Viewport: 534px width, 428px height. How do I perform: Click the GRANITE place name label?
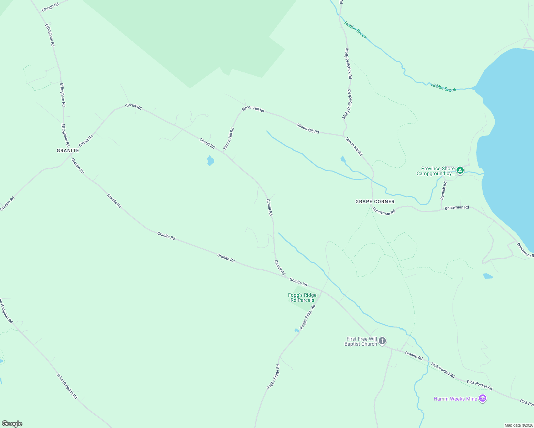click(x=68, y=151)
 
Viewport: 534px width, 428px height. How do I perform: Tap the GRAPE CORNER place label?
click(x=375, y=202)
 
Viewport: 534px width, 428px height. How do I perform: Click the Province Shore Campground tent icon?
click(x=460, y=170)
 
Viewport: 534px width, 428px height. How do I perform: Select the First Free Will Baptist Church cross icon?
click(x=382, y=341)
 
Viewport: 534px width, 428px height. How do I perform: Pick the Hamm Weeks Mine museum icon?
click(x=483, y=398)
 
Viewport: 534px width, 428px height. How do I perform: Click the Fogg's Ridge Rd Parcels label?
click(x=302, y=297)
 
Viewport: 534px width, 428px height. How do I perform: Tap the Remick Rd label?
click(x=443, y=190)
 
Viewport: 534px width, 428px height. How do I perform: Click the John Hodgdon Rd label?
click(x=67, y=386)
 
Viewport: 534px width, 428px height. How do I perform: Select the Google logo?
click(x=12, y=424)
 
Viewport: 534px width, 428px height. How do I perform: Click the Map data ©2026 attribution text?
click(x=519, y=425)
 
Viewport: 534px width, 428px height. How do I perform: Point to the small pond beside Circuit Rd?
click(x=210, y=160)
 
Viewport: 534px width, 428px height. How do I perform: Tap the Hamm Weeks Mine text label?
click(x=455, y=399)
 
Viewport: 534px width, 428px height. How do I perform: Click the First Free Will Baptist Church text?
click(x=361, y=341)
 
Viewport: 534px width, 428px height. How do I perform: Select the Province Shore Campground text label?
click(x=436, y=171)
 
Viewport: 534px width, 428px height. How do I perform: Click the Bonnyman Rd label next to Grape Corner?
click(x=384, y=212)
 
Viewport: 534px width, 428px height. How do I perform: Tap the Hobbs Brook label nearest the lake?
click(x=443, y=87)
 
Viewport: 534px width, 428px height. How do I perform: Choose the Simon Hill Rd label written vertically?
click(x=229, y=138)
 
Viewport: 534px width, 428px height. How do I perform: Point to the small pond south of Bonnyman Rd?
click(x=488, y=276)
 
